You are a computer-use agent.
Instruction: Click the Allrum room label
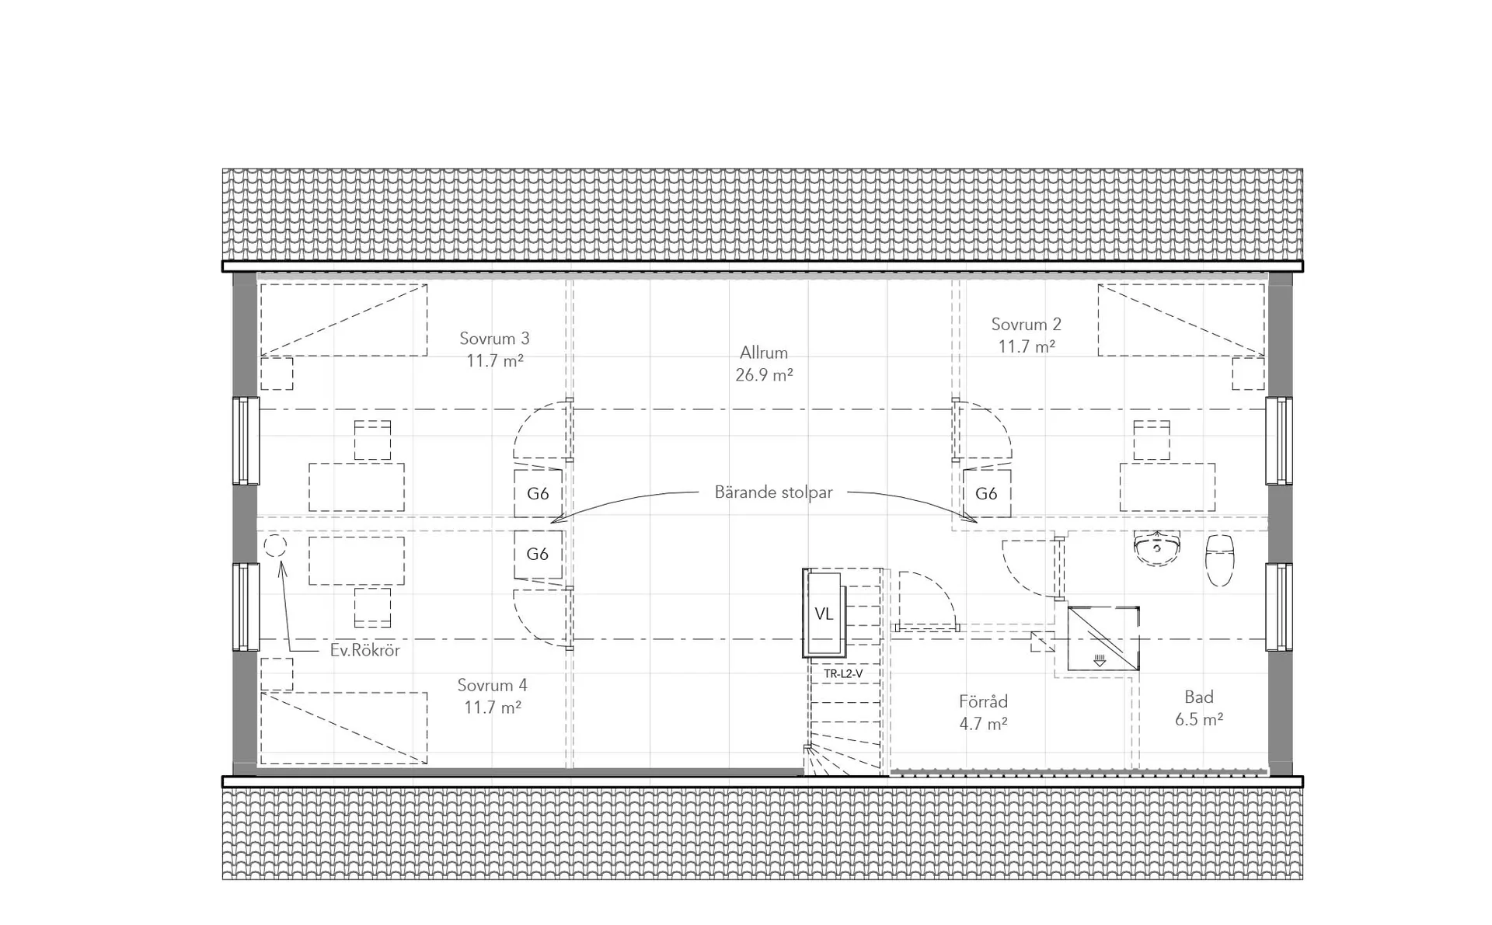click(764, 353)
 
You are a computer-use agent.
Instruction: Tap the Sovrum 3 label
click(494, 339)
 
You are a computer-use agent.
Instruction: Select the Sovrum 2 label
click(1026, 325)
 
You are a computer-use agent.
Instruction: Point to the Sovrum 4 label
click(492, 685)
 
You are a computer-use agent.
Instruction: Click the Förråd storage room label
click(983, 701)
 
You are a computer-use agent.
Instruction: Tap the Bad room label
click(1199, 697)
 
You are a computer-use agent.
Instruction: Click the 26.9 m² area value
click(764, 375)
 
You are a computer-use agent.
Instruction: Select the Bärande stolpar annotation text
click(773, 492)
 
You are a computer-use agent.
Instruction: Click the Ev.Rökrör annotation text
click(364, 651)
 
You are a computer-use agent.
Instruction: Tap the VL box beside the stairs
click(824, 614)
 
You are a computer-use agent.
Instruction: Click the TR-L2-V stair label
click(843, 674)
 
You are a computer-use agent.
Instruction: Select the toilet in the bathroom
click(1219, 558)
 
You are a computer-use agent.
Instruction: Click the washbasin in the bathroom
click(1157, 547)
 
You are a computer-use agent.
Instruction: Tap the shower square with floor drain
click(1103, 638)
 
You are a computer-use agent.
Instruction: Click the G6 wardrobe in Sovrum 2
click(987, 493)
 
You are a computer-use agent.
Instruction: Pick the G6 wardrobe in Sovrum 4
click(538, 554)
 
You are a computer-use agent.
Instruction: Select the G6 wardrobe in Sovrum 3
click(538, 493)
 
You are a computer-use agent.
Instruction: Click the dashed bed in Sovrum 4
click(343, 729)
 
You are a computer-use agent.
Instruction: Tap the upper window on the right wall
click(1279, 440)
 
